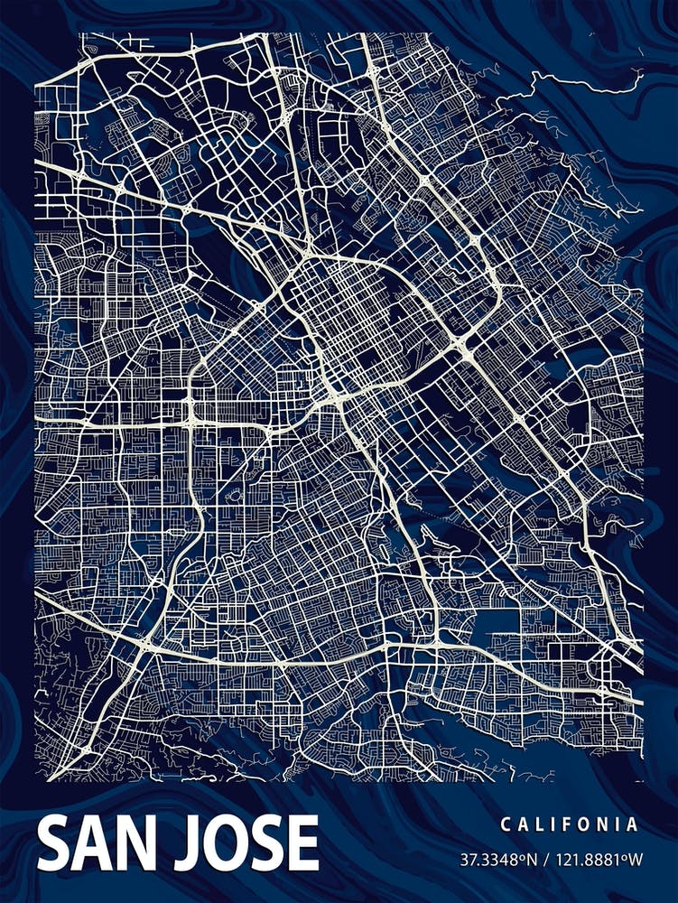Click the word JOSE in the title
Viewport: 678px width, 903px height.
click(250, 842)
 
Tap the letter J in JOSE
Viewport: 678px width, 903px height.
click(192, 843)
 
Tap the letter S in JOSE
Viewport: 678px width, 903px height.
click(268, 842)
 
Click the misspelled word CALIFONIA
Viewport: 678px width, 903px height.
click(570, 824)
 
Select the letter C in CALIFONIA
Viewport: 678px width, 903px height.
click(505, 824)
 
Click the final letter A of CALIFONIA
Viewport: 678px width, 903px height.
click(634, 824)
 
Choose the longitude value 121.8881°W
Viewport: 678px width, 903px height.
click(591, 858)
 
